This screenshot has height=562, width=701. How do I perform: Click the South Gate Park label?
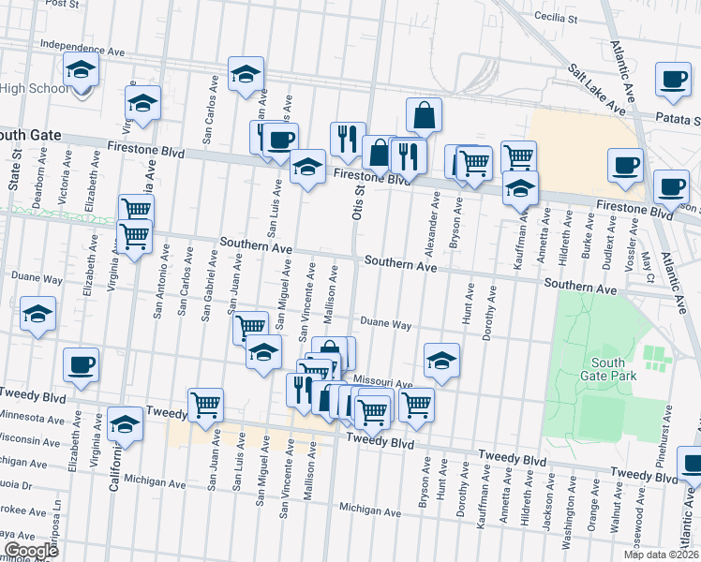(614, 369)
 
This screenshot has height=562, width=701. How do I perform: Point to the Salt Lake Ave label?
(597, 90)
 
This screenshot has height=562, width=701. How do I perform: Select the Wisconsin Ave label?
(30, 440)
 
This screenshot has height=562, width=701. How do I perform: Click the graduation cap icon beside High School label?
(82, 69)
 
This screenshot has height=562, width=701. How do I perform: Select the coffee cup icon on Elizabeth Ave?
(81, 364)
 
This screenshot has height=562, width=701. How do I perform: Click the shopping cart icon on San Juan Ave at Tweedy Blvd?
(205, 405)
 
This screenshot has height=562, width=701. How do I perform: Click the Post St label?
(61, 4)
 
